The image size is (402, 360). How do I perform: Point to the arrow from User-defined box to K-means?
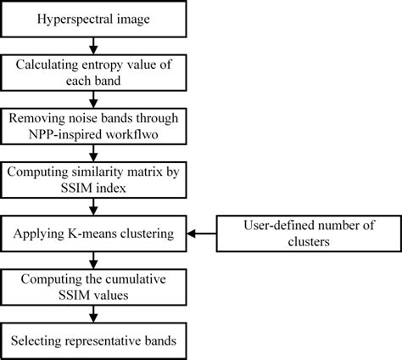(204, 231)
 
